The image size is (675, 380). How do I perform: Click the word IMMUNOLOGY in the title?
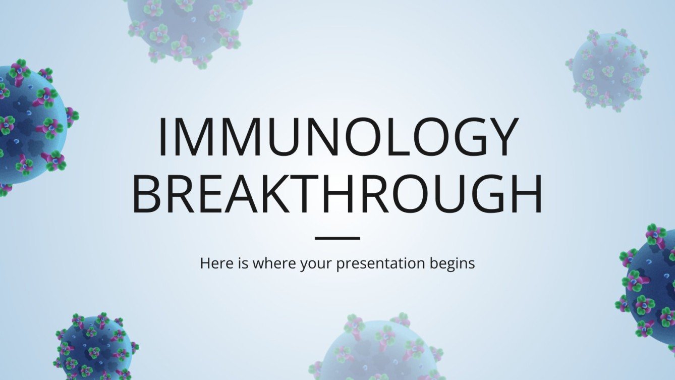(x=337, y=137)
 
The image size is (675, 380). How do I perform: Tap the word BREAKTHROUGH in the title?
(x=337, y=194)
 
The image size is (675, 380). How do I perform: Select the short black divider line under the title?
(x=337, y=238)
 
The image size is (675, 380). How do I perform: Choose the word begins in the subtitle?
(x=455, y=263)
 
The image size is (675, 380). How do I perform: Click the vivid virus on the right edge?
(x=651, y=288)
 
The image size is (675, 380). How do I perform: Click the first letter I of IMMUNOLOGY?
(x=163, y=137)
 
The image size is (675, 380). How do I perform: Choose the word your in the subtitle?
(x=315, y=264)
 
